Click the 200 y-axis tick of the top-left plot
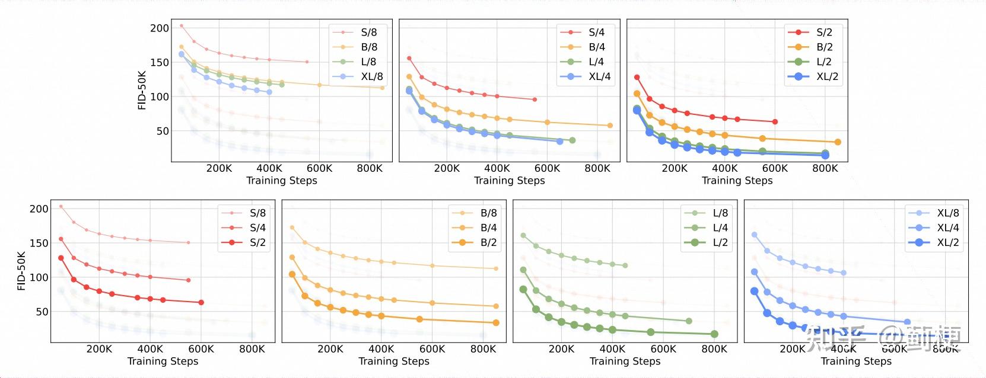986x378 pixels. [159, 28]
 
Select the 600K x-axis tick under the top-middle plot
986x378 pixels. [547, 168]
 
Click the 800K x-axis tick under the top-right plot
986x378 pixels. [825, 168]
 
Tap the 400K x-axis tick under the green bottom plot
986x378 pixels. [612, 349]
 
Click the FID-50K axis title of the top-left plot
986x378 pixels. [142, 90]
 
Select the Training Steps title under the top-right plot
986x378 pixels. [737, 181]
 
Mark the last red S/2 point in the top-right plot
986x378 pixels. [775, 122]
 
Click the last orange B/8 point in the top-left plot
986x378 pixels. [382, 88]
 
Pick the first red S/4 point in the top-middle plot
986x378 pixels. [409, 58]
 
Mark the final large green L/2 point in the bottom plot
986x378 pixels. [714, 334]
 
